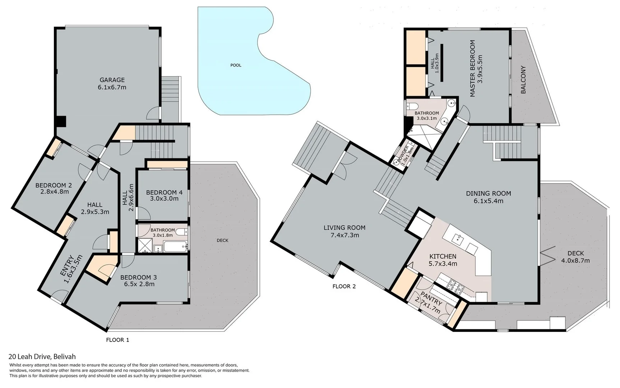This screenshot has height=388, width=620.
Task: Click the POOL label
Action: coord(236,65)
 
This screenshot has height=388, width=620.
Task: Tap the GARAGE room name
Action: coord(112,80)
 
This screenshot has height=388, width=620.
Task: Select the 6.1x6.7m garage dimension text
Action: coord(112,87)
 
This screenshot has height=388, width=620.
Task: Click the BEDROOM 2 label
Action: coord(54,185)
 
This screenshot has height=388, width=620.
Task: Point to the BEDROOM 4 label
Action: coord(164,193)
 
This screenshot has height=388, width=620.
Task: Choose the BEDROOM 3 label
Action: coord(138,277)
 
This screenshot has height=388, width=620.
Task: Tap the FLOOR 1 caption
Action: coord(117,340)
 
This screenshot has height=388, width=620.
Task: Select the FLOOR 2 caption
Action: coord(344,286)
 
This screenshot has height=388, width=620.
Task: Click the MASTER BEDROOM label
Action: coord(472,68)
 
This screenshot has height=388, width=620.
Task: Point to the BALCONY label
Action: coord(523,80)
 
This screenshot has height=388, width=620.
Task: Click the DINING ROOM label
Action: coord(489,193)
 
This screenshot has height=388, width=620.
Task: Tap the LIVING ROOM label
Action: coord(344,227)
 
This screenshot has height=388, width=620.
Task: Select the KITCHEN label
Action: coord(443,256)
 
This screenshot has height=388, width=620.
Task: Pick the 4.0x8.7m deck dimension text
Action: coord(575,261)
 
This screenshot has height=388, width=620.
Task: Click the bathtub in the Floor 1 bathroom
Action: coord(175,247)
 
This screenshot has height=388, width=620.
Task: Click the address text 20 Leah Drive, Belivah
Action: coord(42,357)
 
